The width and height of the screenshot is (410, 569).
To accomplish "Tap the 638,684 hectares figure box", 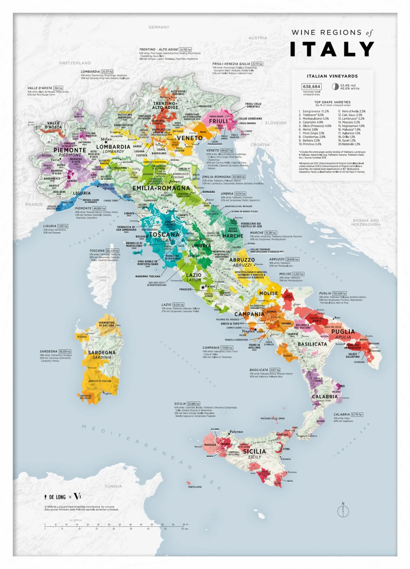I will pos(311,87).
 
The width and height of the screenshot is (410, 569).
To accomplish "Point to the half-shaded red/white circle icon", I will pos(335,87).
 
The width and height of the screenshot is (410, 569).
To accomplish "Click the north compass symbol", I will pos(343,511).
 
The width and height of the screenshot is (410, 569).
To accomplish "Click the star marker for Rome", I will pos(203,287).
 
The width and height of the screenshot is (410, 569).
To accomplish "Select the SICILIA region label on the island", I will pos(254,451).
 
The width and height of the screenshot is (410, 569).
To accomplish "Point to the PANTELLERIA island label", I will pos(195,487).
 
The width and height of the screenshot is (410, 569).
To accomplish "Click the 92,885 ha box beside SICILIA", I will pos(194,404).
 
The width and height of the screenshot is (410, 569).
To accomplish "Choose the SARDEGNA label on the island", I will pos(102,353).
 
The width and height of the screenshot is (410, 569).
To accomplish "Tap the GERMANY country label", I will pos(159,27).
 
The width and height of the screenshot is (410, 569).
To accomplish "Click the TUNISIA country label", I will pos(113,486).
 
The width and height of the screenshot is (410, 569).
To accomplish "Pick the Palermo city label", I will pos(236,432).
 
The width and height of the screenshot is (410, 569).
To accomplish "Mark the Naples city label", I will pos(248,331).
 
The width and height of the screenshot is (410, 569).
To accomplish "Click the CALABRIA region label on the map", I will pos(325,397).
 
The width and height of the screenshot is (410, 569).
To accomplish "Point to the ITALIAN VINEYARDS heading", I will pos(332,76).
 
